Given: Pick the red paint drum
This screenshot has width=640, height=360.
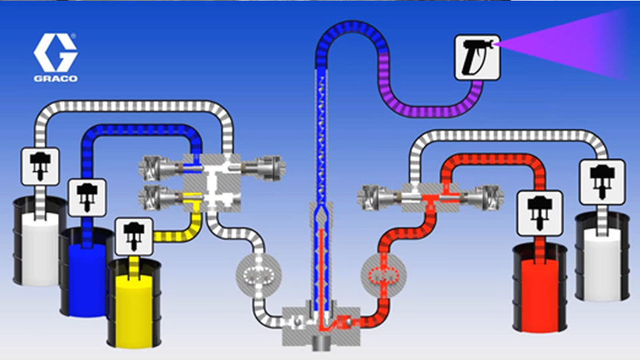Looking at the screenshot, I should pyautogui.click(x=540, y=287).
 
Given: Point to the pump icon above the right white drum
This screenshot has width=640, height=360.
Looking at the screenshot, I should pyautogui.click(x=602, y=181).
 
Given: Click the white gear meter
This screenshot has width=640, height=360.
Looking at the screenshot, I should pyautogui.click(x=259, y=274).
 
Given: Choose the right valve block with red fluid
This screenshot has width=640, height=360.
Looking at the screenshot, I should pyautogui.click(x=427, y=196).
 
